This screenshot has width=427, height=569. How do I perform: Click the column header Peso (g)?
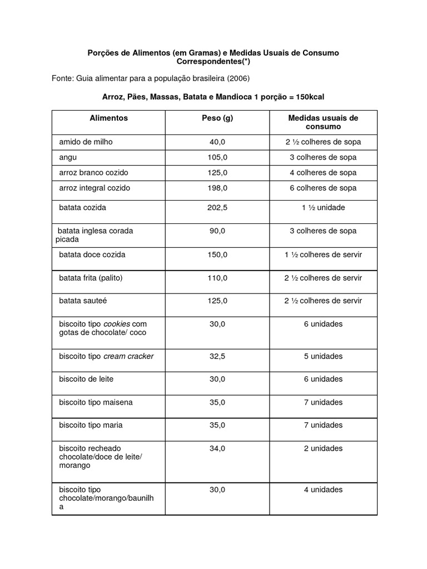coord(217,118)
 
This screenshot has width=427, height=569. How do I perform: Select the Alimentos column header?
coord(108,118)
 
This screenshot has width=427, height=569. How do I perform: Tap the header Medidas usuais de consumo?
coord(323,122)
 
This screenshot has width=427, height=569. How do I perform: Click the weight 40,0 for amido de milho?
coord(217,142)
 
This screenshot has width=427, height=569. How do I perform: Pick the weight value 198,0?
coord(217,188)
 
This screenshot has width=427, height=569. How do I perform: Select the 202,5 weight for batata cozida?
coord(217,208)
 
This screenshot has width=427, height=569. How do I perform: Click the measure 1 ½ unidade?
coord(323,208)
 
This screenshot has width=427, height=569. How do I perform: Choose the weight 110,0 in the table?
coord(217,278)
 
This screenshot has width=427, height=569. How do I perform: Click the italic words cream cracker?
coord(128,356)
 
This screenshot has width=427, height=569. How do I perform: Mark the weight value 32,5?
coord(217,356)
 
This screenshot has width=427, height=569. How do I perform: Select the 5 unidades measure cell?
coord(323,356)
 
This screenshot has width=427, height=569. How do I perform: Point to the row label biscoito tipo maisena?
coord(96,402)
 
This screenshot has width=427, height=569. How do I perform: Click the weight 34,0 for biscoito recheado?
coord(217,448)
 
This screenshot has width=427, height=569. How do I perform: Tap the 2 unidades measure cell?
coord(323,448)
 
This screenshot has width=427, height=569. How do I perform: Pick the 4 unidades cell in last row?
coord(323,490)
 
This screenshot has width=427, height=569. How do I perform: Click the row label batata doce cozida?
coord(92,255)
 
